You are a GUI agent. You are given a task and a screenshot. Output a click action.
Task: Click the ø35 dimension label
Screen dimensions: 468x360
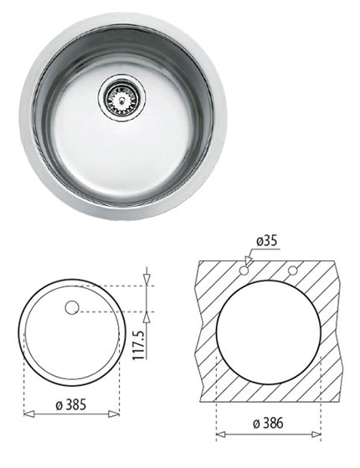(x=266, y=242)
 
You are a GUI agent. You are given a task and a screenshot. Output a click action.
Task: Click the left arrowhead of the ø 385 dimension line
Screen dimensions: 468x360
(x=25, y=413)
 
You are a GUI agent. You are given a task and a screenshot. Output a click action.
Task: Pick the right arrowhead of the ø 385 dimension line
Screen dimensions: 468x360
(x=117, y=413)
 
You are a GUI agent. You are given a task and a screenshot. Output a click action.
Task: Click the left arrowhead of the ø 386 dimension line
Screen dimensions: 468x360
(x=219, y=434)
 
